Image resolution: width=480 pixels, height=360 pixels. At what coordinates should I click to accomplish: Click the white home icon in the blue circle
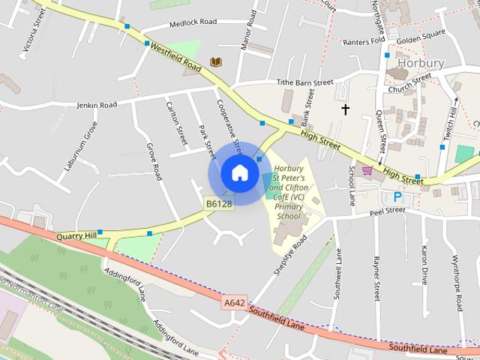point(239,172)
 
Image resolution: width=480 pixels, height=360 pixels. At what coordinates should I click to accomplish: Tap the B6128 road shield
point(219,203)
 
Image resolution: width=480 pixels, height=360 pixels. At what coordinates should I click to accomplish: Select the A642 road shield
point(234,302)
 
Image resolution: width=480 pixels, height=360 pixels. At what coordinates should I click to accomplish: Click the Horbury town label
point(421,63)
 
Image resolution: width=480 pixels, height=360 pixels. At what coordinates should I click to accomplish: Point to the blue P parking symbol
point(397,197)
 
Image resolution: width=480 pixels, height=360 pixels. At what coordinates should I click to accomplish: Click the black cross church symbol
point(346,109)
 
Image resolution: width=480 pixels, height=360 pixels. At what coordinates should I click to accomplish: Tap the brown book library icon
point(216,61)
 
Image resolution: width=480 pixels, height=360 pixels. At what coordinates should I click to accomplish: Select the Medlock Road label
point(193,22)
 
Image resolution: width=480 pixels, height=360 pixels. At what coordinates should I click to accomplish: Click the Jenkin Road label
point(97,106)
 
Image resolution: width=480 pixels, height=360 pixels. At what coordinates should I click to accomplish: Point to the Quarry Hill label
point(76,235)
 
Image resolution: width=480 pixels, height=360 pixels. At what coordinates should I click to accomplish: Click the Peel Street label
point(387,211)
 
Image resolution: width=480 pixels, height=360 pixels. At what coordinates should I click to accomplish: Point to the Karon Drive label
point(424,265)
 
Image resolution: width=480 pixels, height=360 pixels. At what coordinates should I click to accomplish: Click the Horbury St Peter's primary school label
point(288,192)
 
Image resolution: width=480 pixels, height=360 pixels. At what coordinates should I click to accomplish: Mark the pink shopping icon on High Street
point(367,171)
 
